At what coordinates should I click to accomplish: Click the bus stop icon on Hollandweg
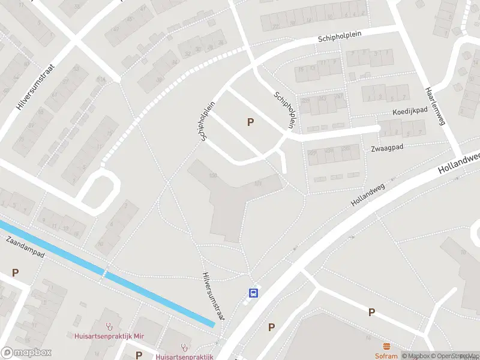pos(254,293)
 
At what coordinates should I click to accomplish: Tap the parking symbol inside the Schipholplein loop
pos(250,122)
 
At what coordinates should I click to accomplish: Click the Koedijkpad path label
pos(410,111)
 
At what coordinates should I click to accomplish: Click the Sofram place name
pos(386,355)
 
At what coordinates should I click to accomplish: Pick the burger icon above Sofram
pos(386,346)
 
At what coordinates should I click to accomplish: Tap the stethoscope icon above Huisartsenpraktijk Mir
pos(109,327)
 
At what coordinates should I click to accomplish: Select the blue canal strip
pos(108,274)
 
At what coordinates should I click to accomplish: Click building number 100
pos(212,175)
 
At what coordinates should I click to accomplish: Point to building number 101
pos(258,184)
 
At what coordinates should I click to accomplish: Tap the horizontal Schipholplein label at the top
pos(340,37)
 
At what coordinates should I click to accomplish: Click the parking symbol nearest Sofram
pos(371,312)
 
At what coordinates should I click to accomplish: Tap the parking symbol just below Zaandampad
pos(16,272)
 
